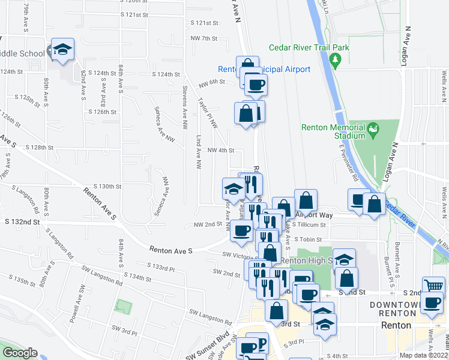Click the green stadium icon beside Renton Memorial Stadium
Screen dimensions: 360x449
point(373,128)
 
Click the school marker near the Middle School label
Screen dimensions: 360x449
point(62,51)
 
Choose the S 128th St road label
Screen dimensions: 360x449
point(40,147)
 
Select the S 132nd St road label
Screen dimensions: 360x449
point(22,221)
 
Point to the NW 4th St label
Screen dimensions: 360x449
point(220,151)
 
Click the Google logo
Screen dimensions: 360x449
point(20,353)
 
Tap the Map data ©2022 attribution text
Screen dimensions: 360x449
point(423,355)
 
